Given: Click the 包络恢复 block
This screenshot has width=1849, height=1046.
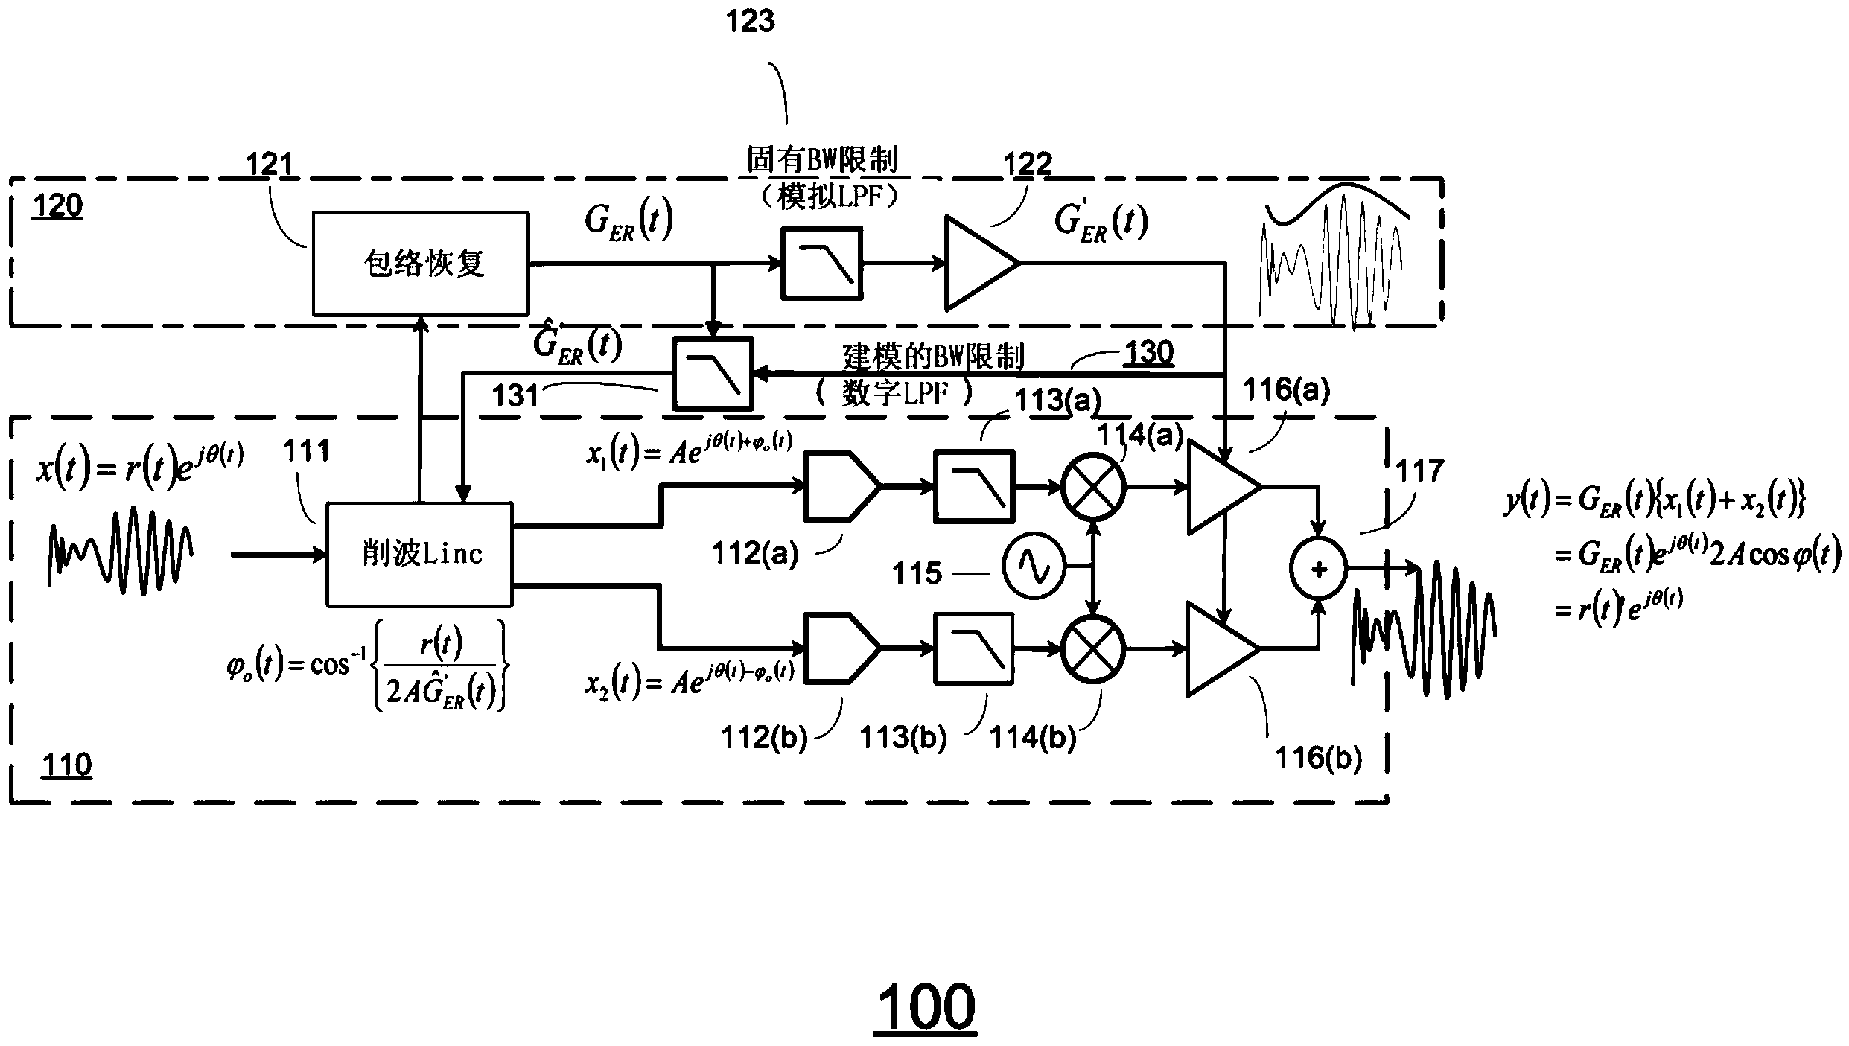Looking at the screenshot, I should pos(421,264).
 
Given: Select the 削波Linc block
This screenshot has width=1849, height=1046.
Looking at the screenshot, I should pos(420,554).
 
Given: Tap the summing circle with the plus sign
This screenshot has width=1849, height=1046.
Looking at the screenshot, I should pos(1319,570).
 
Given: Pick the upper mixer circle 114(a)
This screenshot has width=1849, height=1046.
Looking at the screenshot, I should pos(1092,487).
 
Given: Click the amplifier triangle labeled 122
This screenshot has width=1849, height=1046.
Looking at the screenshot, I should pos(977,264).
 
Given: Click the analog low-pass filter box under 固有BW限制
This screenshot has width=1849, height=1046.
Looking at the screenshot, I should pos(821,264).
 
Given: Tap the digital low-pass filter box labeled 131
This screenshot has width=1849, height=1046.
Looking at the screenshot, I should pos(713,373).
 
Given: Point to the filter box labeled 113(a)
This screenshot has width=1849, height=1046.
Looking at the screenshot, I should pos(974,486).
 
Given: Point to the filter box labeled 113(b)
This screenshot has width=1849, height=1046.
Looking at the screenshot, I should pos(974,648).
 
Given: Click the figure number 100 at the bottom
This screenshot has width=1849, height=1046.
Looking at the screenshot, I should pos(926,1007).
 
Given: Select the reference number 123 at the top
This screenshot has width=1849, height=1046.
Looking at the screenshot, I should pos(750,21).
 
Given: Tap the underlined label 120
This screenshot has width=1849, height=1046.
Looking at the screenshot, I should pos(57,205).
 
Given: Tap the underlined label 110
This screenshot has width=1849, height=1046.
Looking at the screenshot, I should pos(67,765).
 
